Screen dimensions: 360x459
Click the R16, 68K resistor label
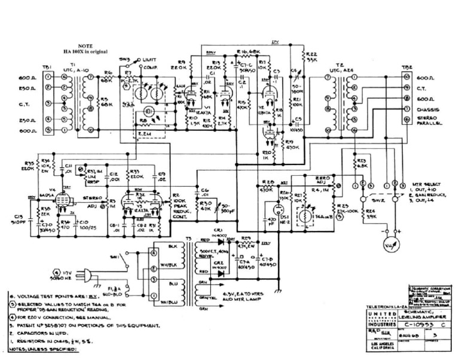point(246,52)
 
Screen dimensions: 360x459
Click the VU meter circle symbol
point(390,245)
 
